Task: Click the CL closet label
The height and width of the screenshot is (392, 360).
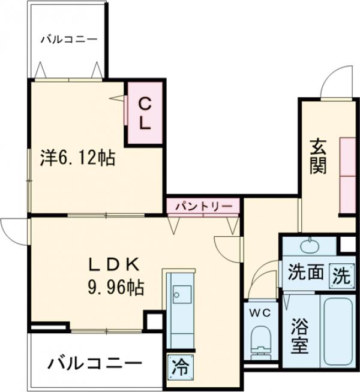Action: coord(146,113)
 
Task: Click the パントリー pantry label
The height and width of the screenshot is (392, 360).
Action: coord(203,206)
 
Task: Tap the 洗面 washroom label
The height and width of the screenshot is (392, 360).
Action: coord(305,274)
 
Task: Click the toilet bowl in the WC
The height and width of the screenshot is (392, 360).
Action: coord(261,339)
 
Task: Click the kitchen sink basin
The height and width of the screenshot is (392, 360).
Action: coord(179,293)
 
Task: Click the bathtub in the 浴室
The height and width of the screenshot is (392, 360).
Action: coord(337,330)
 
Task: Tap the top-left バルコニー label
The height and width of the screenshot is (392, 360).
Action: coord(69,40)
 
